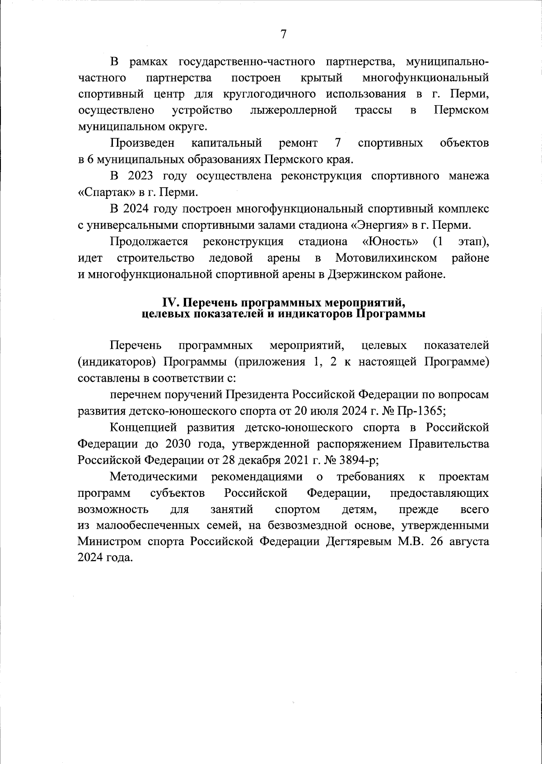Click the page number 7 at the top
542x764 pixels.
tap(283, 34)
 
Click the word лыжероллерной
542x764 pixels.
tap(294, 111)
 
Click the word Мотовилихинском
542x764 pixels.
tap(386, 258)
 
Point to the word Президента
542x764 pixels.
tap(257, 395)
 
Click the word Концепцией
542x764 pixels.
tap(143, 427)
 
